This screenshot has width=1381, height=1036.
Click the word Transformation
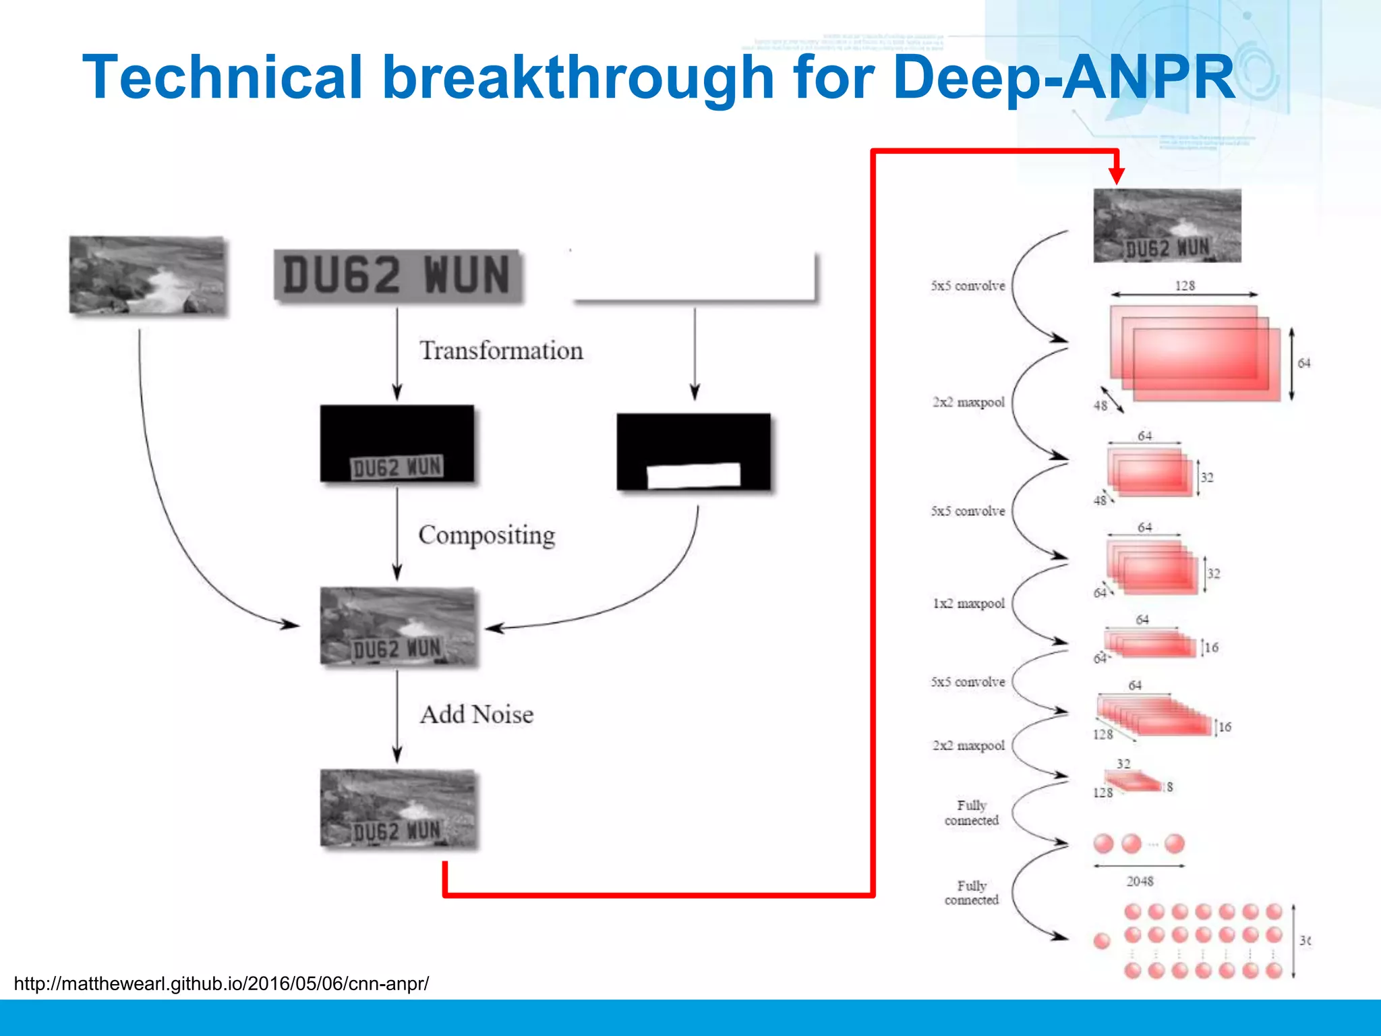coord(501,351)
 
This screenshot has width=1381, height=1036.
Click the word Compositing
coord(486,535)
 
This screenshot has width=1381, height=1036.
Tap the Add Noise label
coord(476,714)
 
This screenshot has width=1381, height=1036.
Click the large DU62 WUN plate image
coord(397,276)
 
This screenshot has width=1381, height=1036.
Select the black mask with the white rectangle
coord(693,452)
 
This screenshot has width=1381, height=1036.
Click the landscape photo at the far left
coord(147,275)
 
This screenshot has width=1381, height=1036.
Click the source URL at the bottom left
coord(221,983)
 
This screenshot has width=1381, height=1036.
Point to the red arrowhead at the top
coord(1117,175)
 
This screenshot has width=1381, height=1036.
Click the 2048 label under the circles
coord(1140,881)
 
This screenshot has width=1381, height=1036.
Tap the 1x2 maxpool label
coord(968,604)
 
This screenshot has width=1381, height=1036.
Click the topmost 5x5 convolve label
coord(968,286)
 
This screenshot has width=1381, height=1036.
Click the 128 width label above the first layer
coord(1185,285)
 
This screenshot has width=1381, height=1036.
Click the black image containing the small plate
coord(396,444)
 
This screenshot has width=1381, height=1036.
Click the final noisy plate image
coord(397,808)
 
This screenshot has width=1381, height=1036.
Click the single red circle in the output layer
coord(1102,941)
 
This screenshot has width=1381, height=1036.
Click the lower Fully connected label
coord(971,892)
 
